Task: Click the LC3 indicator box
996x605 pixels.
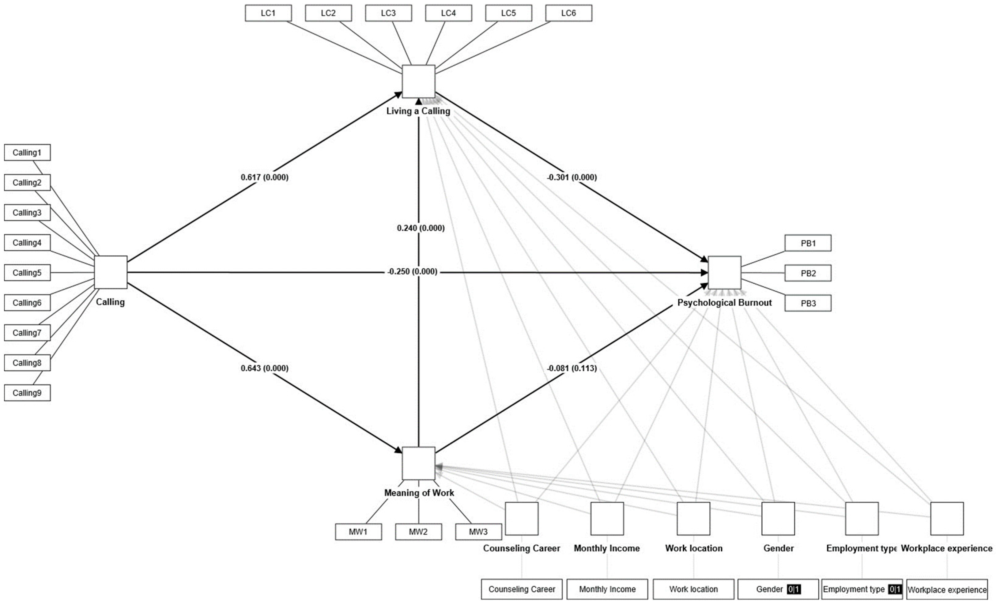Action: pos(388,13)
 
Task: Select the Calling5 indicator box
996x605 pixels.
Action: pos(27,273)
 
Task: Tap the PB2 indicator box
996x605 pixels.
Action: pos(808,273)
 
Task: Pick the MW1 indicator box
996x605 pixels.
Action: pos(358,532)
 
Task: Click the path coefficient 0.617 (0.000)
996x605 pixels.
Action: pos(264,177)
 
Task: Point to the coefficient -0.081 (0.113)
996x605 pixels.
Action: pos(572,368)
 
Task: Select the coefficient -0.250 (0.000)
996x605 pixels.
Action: pos(412,271)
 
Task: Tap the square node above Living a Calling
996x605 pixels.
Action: pos(418,81)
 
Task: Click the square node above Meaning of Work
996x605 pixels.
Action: pos(418,463)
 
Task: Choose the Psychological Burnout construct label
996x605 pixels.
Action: pos(724,303)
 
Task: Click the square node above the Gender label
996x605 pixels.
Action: pos(778,518)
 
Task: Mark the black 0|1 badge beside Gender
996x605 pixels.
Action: pos(794,589)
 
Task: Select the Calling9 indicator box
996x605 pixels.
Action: pos(27,393)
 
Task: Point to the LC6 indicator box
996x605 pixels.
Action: pos(568,13)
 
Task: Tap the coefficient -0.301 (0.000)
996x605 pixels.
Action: pos(572,177)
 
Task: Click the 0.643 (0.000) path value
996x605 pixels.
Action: pos(264,368)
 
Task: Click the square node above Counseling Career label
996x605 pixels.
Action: pos(522,518)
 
